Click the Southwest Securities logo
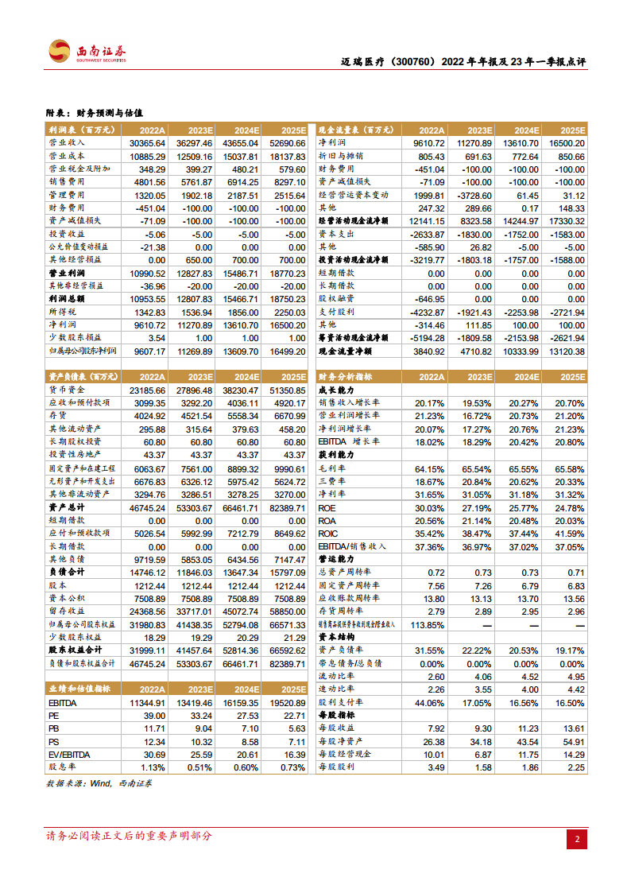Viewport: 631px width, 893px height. tap(87, 52)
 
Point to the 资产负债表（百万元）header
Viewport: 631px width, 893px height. tap(79, 376)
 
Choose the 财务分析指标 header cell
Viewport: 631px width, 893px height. tap(346, 376)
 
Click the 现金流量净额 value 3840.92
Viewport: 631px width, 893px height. tap(426, 351)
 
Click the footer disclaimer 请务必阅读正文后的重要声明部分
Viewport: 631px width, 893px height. tap(129, 836)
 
